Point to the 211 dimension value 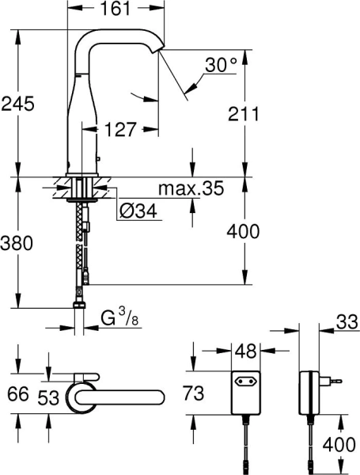pyautogui.click(x=244, y=113)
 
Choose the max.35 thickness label pyautogui.click(x=191, y=189)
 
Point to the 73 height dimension pyautogui.click(x=206, y=393)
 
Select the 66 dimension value pyautogui.click(x=17, y=393)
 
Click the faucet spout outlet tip pyautogui.click(x=161, y=51)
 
